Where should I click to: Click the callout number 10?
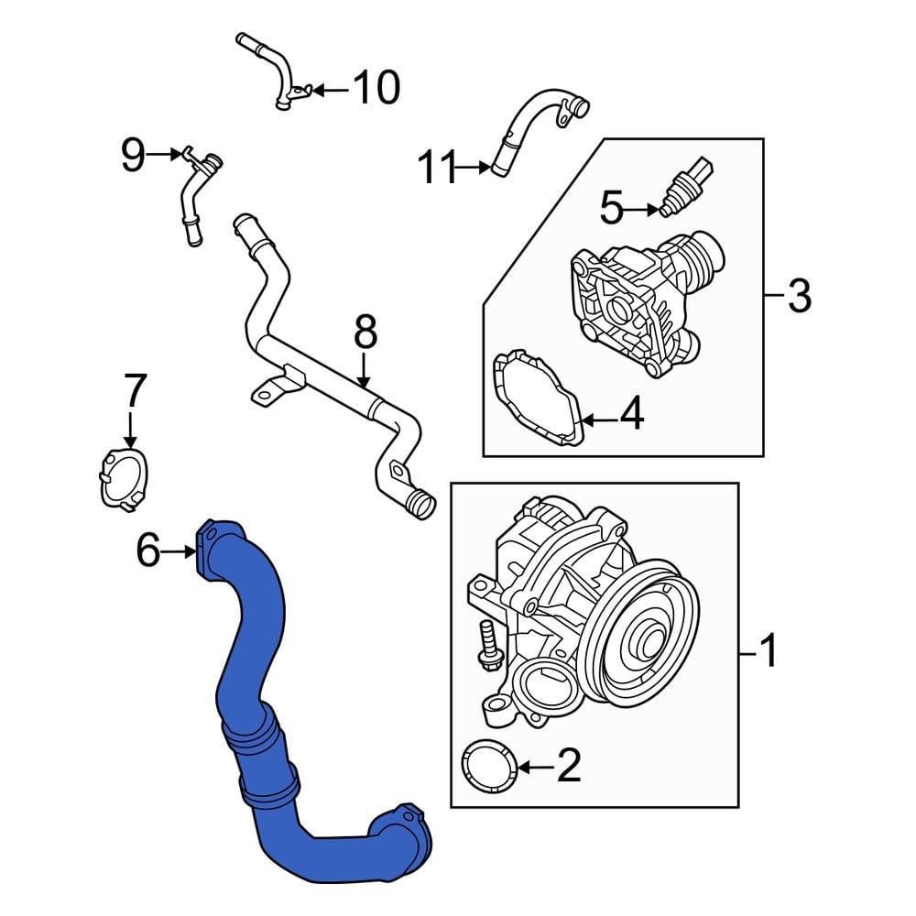[x=376, y=88]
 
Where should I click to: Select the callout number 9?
[x=134, y=156]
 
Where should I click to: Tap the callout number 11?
[x=437, y=168]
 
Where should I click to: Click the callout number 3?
[x=799, y=296]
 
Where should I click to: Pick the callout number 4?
[x=631, y=415]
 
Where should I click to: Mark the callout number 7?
[x=135, y=391]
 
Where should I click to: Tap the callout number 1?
[x=769, y=653]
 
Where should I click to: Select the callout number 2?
[x=569, y=766]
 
